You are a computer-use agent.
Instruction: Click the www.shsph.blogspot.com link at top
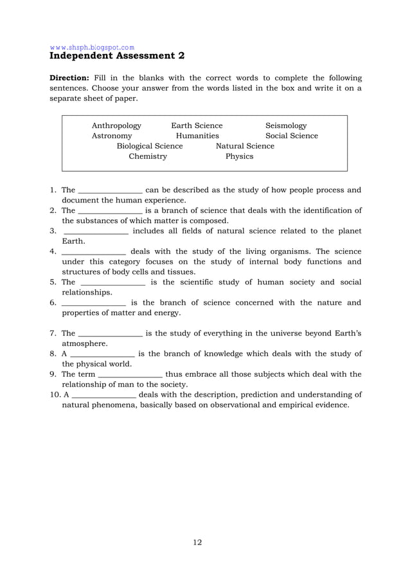point(92,47)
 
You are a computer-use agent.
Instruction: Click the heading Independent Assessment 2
point(117,56)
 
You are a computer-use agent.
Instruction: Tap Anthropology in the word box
point(116,125)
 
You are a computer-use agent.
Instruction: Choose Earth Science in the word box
point(197,125)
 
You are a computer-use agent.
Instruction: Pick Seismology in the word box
point(286,125)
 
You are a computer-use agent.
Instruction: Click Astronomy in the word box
point(112,136)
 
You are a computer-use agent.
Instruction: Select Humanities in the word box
point(197,136)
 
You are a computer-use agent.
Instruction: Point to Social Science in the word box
point(291,136)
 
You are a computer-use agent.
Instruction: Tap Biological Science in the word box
point(150,146)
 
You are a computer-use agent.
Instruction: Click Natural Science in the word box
point(245,146)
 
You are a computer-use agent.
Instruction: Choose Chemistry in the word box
point(147,156)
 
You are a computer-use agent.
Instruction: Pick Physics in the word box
point(239,156)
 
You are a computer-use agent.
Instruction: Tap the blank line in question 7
point(110,334)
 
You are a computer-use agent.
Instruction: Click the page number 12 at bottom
point(197,542)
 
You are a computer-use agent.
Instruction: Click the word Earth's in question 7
point(348,333)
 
